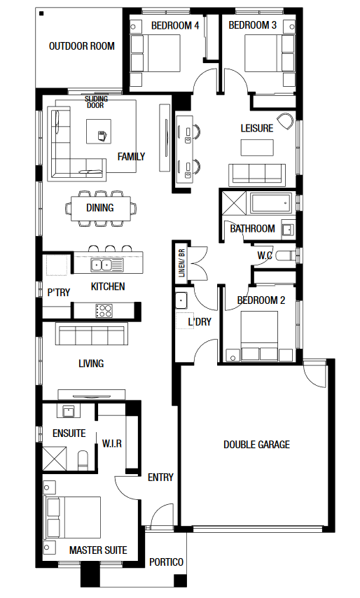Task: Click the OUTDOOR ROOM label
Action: pos(82,46)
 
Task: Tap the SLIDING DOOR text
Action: pos(96,102)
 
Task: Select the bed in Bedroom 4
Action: pos(155,53)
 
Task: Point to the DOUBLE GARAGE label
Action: pos(256,445)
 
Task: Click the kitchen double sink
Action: pos(107,264)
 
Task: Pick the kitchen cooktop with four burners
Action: pos(104,310)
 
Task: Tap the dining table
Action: pos(101,208)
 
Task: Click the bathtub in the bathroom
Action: pos(271,203)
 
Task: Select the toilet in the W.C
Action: pos(285,256)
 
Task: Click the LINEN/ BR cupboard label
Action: pos(181,263)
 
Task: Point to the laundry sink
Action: pos(181,300)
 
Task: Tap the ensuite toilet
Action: pos(83,460)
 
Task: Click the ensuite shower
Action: pos(54,458)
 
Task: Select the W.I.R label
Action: pos(112,443)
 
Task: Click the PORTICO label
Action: pos(166,562)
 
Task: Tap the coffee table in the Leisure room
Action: pos(257,148)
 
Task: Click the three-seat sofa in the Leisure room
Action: pos(257,175)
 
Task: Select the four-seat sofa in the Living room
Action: pos(92,334)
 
